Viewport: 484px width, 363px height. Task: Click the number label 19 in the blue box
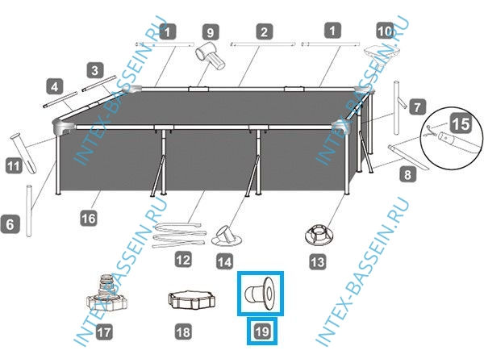pos(262,332)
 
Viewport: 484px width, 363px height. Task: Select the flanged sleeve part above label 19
pos(261,293)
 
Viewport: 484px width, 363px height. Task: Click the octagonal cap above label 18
pos(191,299)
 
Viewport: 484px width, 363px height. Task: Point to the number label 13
pos(318,261)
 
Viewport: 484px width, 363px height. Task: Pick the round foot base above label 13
pos(319,235)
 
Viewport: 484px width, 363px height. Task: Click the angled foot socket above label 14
pos(227,236)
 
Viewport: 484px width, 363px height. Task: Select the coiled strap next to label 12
pos(180,234)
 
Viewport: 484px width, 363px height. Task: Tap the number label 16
pos(89,219)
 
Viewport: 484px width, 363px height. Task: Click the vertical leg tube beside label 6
pos(29,211)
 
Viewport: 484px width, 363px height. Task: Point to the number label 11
pos(14,166)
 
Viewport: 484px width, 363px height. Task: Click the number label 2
pos(264,31)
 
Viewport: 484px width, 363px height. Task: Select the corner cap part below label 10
pos(381,52)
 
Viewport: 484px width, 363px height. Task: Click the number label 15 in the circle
pos(461,123)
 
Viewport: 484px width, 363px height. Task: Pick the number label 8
pos(407,174)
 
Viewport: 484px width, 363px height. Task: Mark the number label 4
pos(55,86)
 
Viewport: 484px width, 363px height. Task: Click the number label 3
pos(95,70)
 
